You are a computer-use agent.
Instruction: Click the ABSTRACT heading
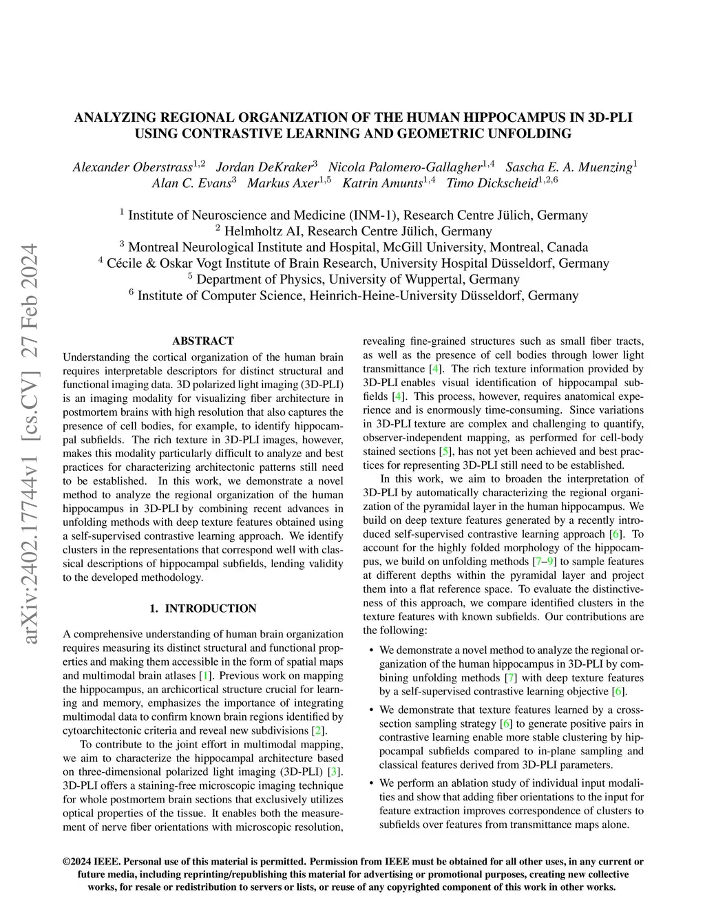click(x=202, y=341)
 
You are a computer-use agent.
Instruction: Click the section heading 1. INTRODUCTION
click(x=202, y=608)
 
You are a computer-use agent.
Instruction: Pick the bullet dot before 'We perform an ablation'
click(x=372, y=783)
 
